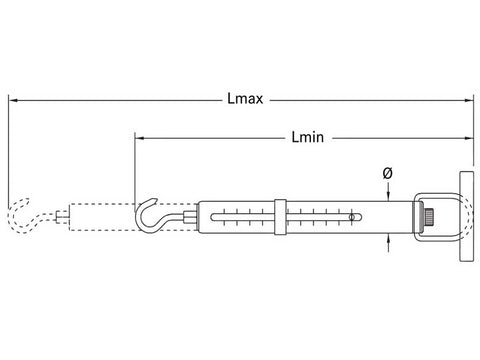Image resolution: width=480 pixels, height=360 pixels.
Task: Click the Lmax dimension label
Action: point(245,99)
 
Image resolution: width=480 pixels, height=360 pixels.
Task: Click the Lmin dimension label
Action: point(308,137)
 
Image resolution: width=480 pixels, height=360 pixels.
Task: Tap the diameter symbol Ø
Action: point(388,173)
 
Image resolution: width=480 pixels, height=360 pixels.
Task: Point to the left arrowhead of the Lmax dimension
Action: point(13,100)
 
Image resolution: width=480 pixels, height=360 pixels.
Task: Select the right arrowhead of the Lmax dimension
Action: point(469,100)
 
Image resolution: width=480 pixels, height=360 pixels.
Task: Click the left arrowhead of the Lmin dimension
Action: point(139,138)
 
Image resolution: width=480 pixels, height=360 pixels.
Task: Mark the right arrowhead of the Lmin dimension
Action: point(469,138)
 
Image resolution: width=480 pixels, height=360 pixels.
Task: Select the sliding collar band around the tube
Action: point(280,217)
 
